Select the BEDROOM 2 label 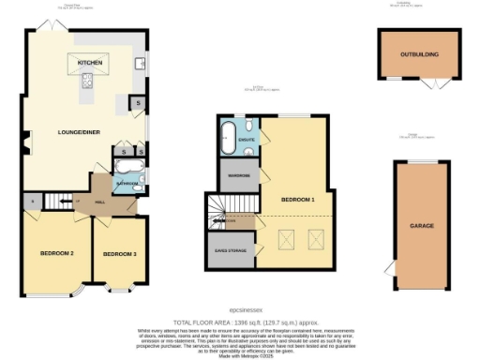[x=56, y=254]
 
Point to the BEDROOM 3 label [x=120, y=254]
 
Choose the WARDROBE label [x=232, y=174]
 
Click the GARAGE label [x=423, y=226]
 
